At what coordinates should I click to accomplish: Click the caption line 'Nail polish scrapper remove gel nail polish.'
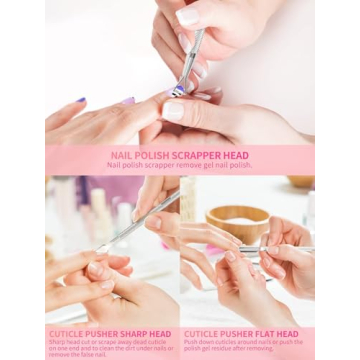179,165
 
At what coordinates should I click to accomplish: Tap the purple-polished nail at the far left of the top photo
79,100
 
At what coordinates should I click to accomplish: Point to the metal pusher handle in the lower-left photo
150,215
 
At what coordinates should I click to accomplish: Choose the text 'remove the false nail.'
78,354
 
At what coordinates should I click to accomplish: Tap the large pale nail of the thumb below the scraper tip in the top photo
174,110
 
